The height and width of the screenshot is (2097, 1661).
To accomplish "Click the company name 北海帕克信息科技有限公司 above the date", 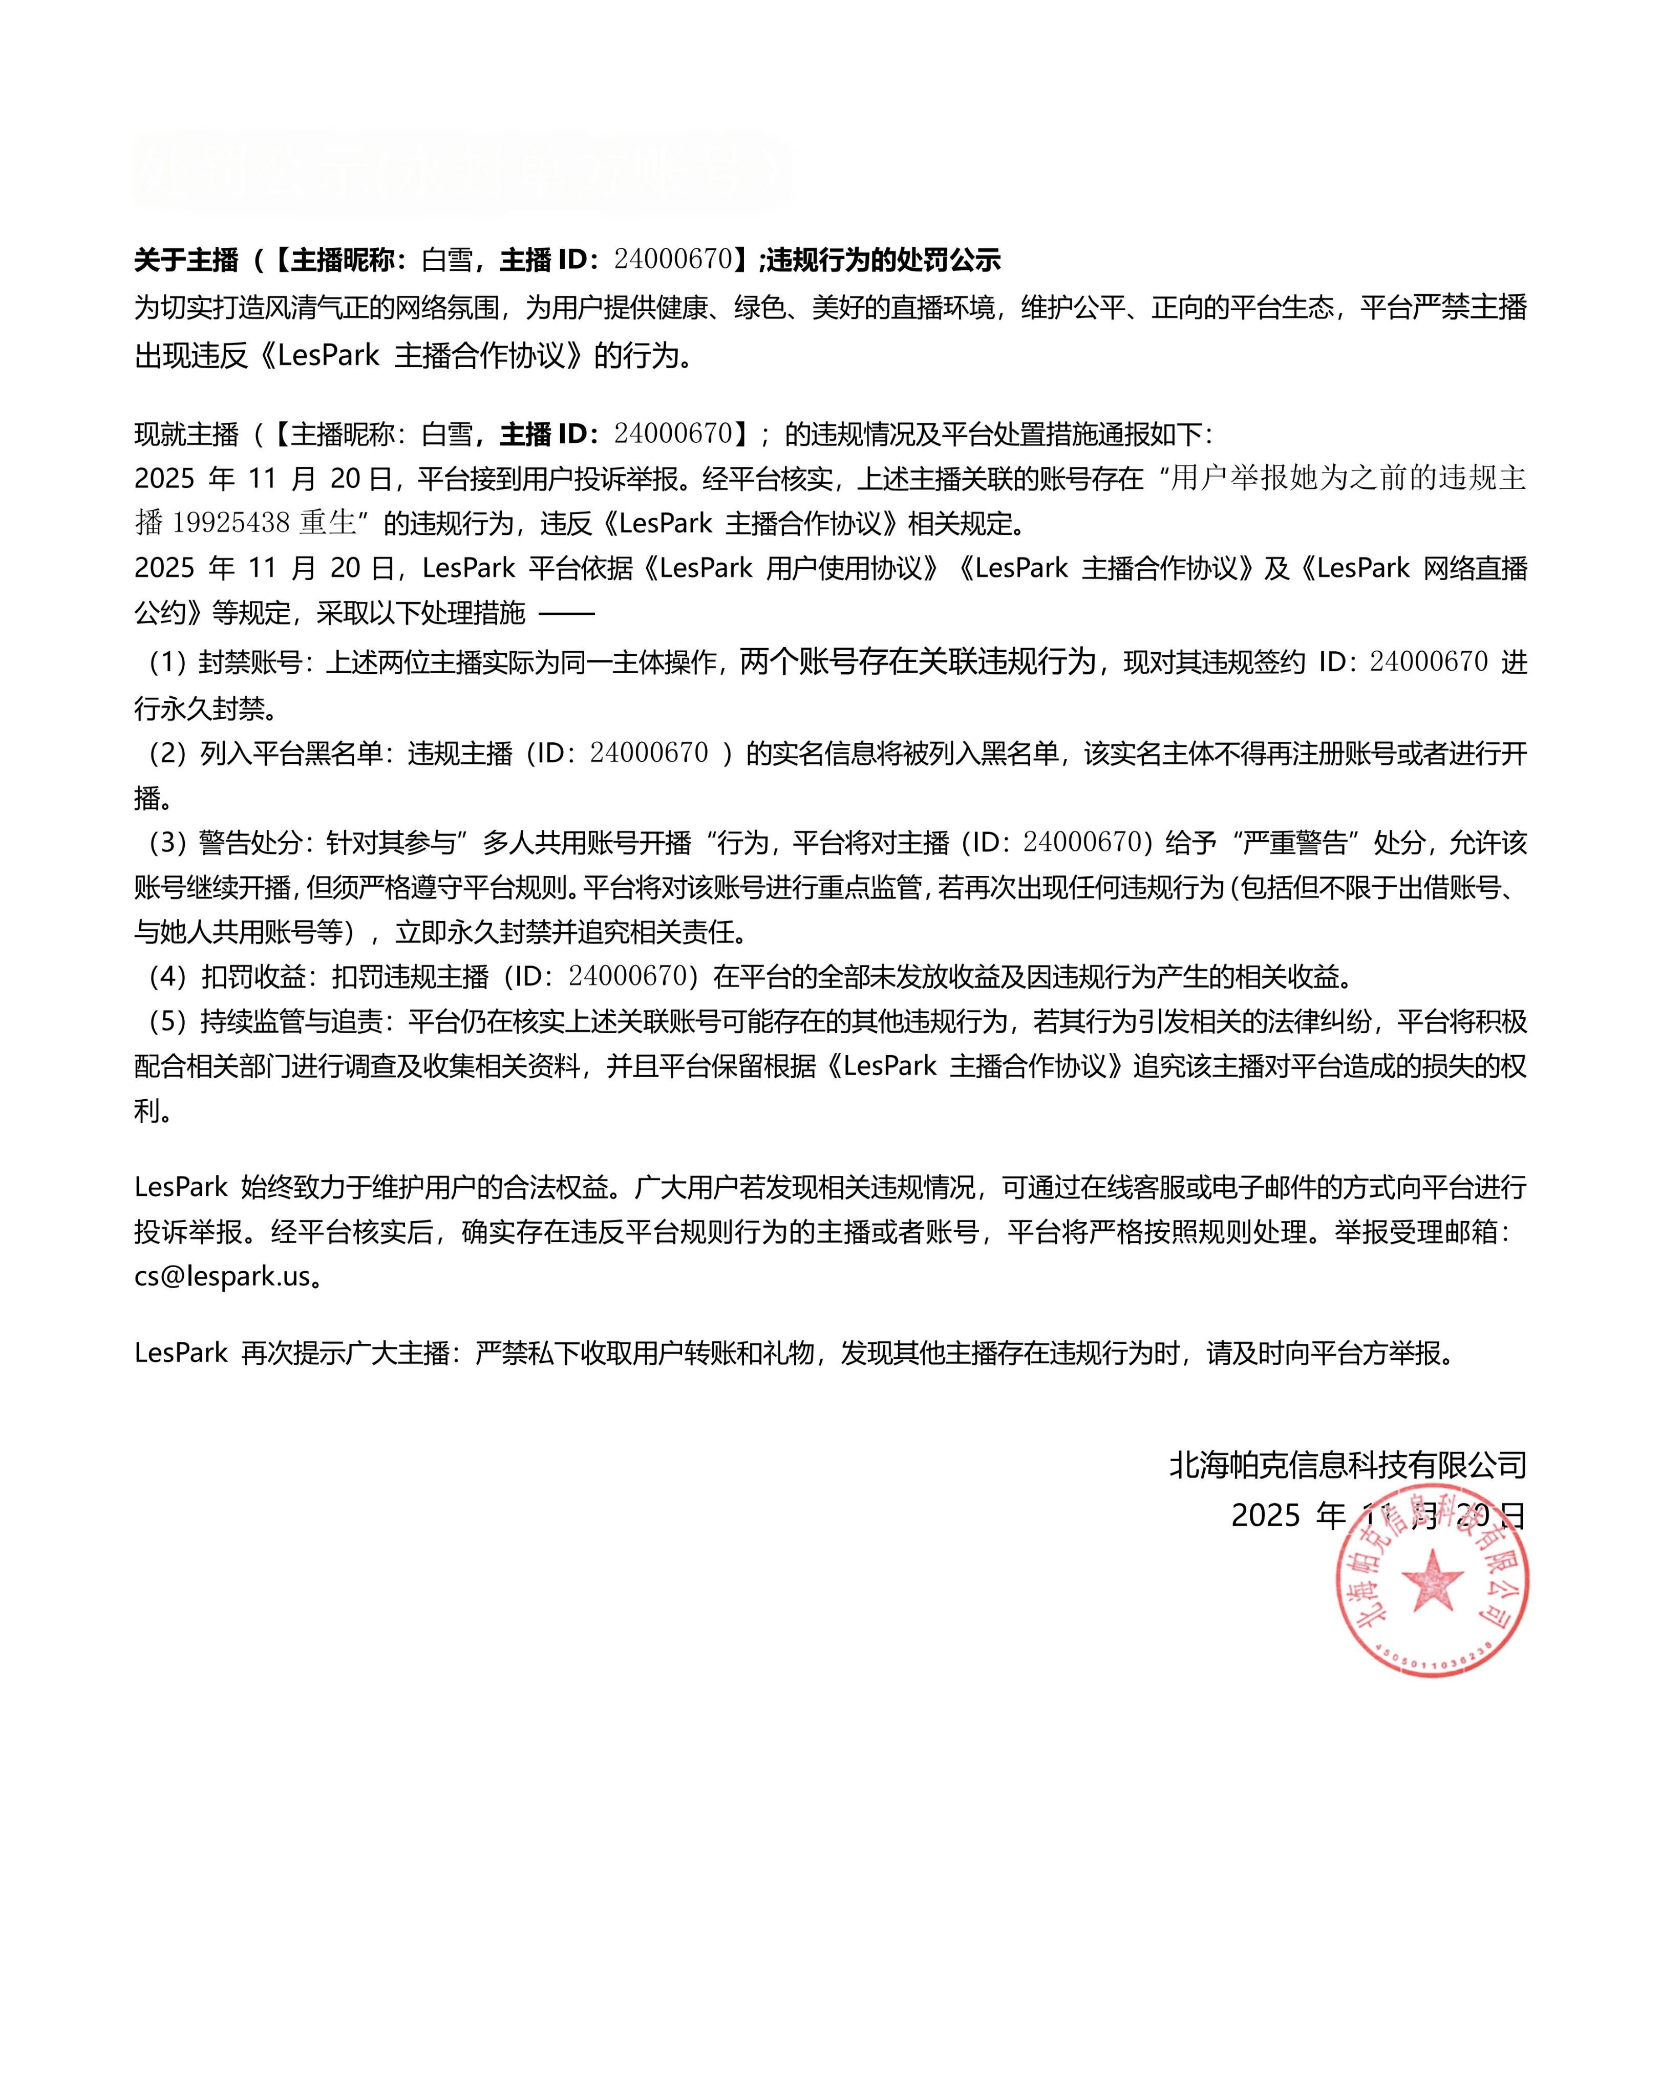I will [1348, 1465].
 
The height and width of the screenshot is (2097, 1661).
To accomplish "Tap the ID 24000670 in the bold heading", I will [673, 260].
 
